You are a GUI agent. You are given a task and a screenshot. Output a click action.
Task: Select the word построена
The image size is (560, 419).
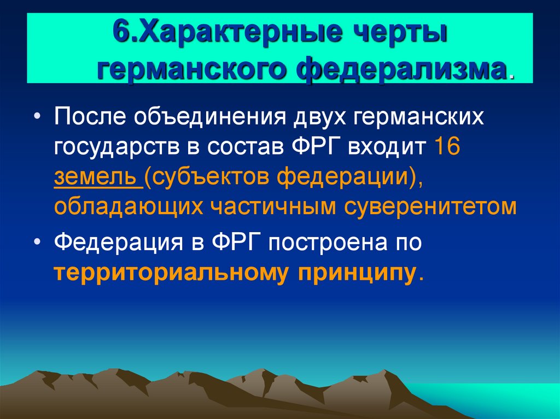pyautogui.click(x=326, y=242)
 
